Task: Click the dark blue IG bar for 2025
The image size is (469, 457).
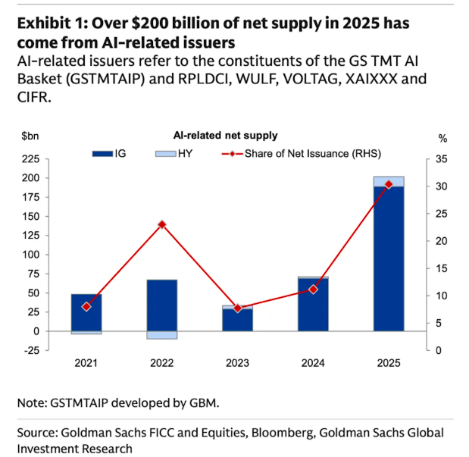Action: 388,258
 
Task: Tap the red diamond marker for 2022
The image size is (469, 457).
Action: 161,224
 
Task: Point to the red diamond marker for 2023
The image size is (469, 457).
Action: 237,308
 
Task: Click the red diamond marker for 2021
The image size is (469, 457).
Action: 86,306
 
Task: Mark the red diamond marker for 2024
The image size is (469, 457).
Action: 313,290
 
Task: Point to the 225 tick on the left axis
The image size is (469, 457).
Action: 30,159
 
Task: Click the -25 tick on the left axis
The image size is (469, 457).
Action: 30,350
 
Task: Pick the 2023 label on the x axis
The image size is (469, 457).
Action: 237,363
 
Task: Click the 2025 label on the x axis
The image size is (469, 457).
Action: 388,363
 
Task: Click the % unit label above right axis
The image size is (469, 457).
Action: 442,137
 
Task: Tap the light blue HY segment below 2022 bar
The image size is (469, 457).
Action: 161,335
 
